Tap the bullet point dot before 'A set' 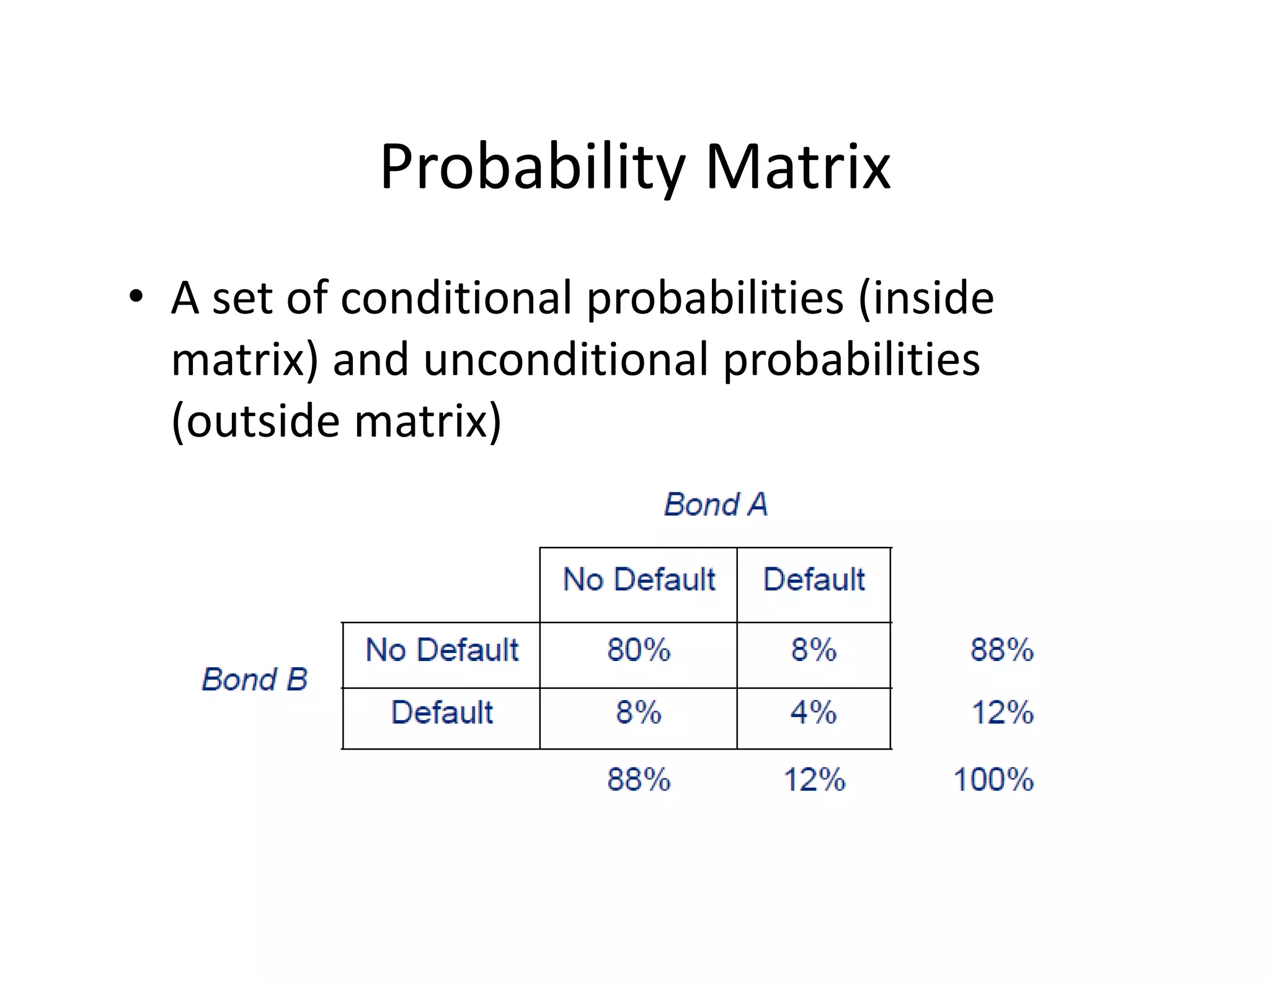136,296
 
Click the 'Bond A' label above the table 716,504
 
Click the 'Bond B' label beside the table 255,680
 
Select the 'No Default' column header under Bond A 639,580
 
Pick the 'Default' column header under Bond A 814,580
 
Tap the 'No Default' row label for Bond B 442,650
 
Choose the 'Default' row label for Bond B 442,712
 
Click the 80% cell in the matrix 639,650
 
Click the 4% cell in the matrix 814,712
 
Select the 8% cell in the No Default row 814,650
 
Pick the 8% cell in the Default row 639,712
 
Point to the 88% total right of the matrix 1001,650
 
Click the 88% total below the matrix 639,779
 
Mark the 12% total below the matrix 814,779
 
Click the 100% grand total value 993,779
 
